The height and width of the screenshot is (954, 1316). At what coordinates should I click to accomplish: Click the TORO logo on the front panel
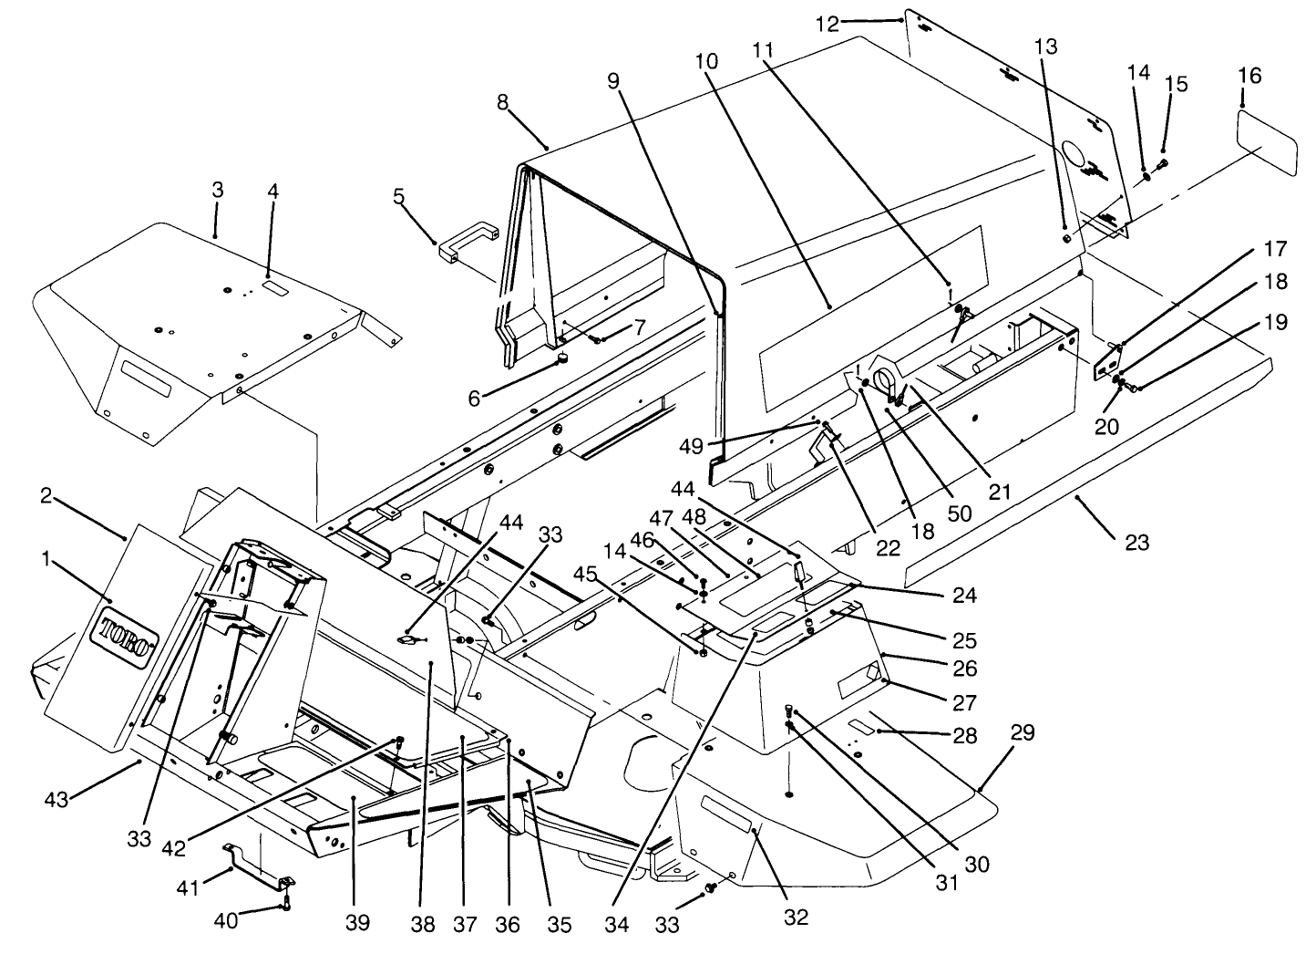click(127, 635)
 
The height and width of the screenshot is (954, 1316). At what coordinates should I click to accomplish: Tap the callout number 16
click(1249, 76)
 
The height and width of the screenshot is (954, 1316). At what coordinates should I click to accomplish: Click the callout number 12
click(827, 24)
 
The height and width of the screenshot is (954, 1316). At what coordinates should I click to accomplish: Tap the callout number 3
click(217, 191)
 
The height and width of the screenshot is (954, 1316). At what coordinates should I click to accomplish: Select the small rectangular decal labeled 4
click(274, 286)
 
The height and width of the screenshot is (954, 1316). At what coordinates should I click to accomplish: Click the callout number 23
click(1136, 543)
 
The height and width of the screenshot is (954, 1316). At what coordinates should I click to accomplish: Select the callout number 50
click(960, 513)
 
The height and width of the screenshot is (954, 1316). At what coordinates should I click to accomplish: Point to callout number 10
click(704, 62)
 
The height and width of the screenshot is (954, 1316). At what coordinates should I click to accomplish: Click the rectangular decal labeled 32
click(726, 814)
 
